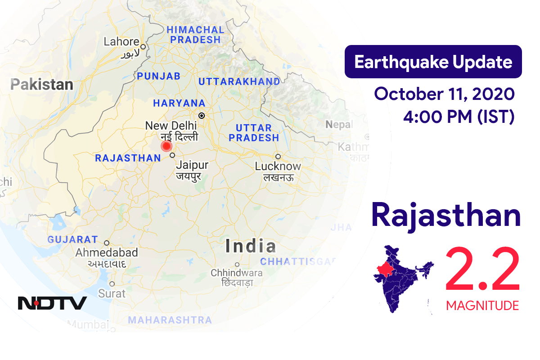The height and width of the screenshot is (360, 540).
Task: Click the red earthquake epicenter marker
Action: (166, 146)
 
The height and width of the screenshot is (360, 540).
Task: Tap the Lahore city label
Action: (121, 42)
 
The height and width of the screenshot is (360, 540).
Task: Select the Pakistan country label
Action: (42, 85)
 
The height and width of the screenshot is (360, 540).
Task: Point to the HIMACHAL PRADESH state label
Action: (195, 35)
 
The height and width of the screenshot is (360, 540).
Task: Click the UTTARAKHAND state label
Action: (239, 81)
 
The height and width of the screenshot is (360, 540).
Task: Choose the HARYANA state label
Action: (179, 103)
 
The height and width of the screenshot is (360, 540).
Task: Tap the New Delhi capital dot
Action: (202, 116)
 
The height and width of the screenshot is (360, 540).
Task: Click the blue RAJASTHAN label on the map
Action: (128, 158)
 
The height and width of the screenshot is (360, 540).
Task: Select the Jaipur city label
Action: (192, 165)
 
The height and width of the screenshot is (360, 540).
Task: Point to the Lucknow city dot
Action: (278, 157)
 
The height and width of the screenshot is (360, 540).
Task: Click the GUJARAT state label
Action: (72, 239)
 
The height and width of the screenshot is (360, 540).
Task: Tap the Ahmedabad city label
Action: (107, 252)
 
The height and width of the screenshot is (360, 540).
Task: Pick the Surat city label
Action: (112, 293)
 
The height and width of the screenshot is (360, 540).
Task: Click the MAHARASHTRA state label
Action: (170, 320)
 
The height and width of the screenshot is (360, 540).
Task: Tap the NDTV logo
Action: (52, 303)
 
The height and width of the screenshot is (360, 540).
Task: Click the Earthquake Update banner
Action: (433, 62)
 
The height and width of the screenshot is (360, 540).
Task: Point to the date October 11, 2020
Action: (444, 94)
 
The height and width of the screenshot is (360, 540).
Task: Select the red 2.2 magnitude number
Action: (482, 271)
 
